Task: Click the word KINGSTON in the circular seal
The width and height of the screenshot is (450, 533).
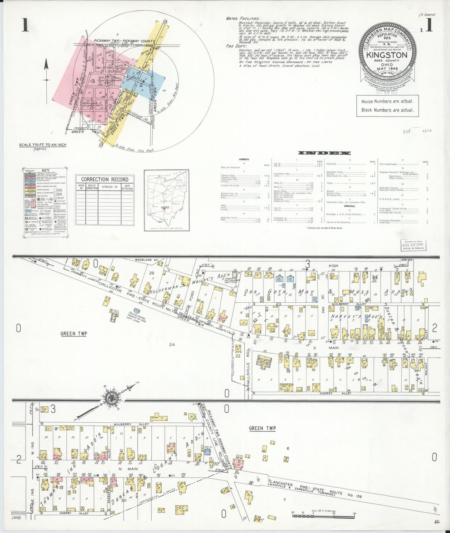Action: coord(386,55)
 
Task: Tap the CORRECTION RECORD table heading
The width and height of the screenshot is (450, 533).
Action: coord(105,179)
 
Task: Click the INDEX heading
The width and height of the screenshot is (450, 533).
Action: coord(324,153)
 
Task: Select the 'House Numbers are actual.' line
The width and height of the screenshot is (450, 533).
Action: coord(387,101)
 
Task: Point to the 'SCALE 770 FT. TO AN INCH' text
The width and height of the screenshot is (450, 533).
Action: coord(43,145)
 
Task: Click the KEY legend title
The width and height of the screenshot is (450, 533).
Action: coord(45,170)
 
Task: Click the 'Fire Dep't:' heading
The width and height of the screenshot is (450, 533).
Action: coord(234,46)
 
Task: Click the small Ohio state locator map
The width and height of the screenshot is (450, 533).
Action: coord(163,200)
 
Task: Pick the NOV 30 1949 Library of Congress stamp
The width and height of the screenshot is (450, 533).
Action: coord(413,245)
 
